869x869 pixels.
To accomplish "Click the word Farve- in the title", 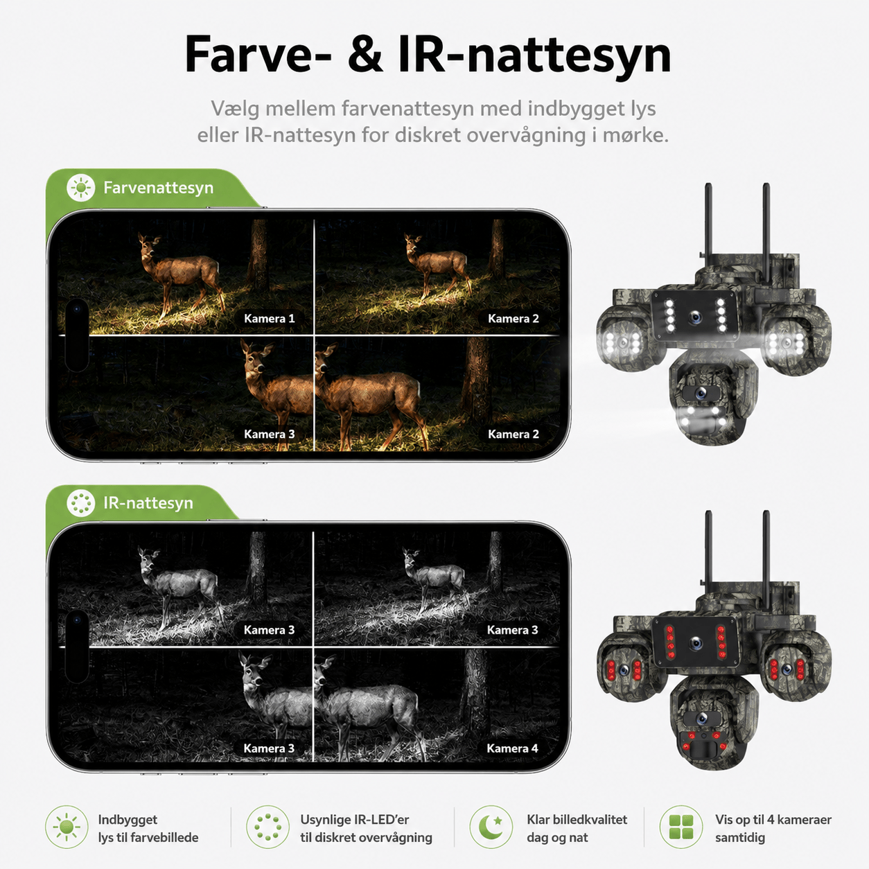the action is tap(258, 55).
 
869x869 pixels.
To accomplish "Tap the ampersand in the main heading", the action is tap(365, 55).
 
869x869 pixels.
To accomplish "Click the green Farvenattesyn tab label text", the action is tap(158, 188).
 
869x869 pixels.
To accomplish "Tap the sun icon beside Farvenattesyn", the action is tap(80, 188).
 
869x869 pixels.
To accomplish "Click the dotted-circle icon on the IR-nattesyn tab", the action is tap(80, 503).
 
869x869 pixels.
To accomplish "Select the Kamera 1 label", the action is tap(269, 318).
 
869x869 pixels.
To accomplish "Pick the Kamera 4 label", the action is tap(512, 748).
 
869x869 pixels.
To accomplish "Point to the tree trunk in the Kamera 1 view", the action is tap(258, 255).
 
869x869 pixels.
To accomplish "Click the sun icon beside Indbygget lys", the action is tap(67, 827).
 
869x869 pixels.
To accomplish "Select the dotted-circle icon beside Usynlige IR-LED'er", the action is tap(268, 827).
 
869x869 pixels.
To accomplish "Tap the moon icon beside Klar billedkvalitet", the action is tap(491, 827).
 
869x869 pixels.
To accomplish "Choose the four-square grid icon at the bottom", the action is tap(681, 827).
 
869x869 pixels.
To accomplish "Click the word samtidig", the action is tap(740, 838).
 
